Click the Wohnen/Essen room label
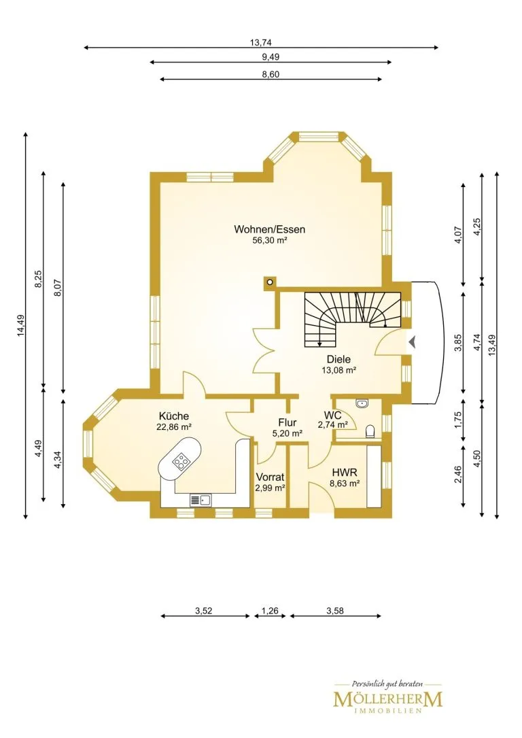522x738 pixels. point(269,230)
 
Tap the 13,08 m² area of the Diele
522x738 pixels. point(338,370)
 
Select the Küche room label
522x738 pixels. point(173,416)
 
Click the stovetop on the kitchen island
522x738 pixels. point(180,460)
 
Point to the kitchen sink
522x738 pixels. point(201,501)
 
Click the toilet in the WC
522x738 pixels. point(370,432)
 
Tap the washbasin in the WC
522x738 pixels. point(362,403)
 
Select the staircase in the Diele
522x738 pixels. point(352,319)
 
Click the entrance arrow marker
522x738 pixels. point(413,342)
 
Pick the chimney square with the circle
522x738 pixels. point(270,282)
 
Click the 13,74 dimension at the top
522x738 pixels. point(260,43)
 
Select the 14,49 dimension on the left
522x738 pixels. point(20,326)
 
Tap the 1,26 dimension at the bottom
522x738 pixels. point(270,611)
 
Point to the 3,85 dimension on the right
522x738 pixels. point(459,343)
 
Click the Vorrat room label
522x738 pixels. point(270,477)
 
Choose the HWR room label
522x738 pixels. point(345,472)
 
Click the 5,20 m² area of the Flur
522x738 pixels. point(288,433)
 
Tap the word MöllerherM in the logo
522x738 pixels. point(388,699)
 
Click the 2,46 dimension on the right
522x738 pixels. point(459,475)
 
